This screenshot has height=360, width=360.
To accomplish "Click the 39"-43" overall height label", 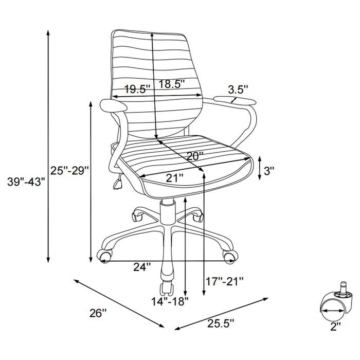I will tap(26, 181).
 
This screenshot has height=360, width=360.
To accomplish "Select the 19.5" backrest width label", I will tap(136, 89).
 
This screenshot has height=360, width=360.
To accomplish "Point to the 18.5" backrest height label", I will tap(171, 84).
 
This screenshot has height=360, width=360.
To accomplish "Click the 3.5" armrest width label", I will tap(239, 89).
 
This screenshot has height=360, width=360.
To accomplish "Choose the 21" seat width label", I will tap(174, 178).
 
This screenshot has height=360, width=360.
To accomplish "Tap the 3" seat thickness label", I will tap(269, 170).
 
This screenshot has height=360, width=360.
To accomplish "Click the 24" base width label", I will tap(142, 267).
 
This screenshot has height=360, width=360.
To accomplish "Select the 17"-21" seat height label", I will tap(225, 281).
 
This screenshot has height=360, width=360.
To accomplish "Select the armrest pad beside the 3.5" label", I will tap(233, 98).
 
